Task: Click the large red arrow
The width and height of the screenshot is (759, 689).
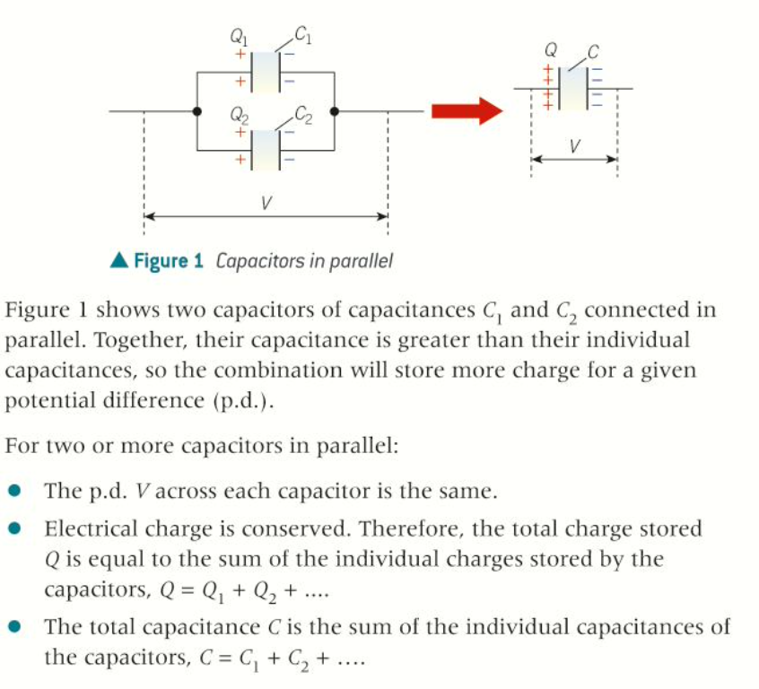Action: click(464, 111)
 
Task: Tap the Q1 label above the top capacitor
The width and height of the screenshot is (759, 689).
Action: click(240, 39)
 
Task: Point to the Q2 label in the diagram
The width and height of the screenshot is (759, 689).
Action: click(240, 115)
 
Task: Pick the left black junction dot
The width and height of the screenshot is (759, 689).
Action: click(197, 111)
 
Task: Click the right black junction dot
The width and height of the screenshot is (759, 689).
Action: click(334, 111)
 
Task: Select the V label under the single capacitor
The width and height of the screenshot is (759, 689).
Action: click(573, 145)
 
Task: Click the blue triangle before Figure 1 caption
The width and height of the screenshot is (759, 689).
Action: click(118, 261)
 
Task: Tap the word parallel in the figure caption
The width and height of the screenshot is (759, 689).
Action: click(362, 262)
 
